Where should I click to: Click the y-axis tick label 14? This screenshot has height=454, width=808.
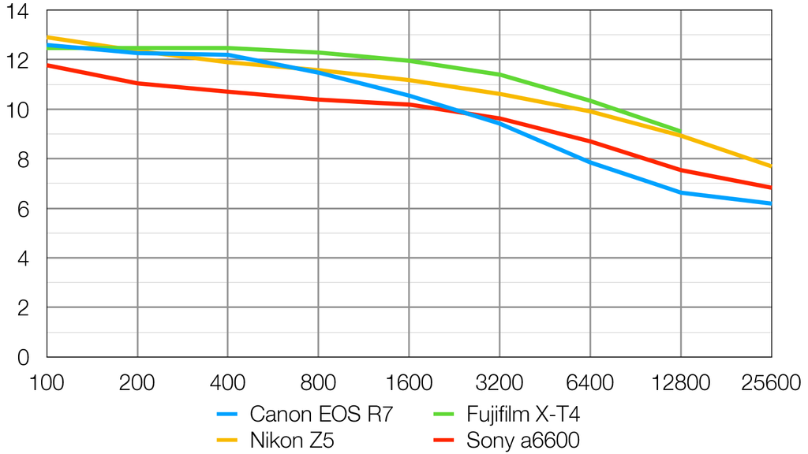17,11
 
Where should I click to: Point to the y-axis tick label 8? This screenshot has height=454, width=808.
21,159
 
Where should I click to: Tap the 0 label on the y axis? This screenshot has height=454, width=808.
22,357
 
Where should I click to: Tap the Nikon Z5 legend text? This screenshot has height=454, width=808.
292,440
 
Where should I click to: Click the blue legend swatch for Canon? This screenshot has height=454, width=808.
227,414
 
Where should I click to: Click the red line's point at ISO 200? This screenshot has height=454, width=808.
137,83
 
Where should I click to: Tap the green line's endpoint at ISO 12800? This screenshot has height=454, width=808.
680,131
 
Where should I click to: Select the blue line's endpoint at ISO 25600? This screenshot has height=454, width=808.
771,203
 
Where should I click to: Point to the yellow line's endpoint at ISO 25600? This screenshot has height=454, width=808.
771,166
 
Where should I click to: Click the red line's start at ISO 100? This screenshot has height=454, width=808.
47,65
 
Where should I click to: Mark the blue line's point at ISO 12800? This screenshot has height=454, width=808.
680,192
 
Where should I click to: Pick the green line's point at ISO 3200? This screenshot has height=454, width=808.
499,75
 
